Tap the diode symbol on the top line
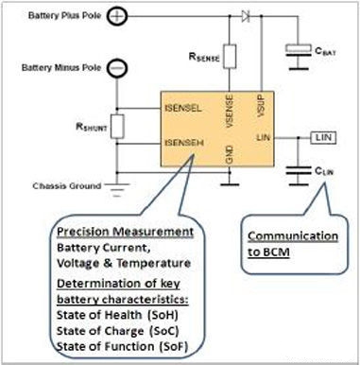coord(247,16)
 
